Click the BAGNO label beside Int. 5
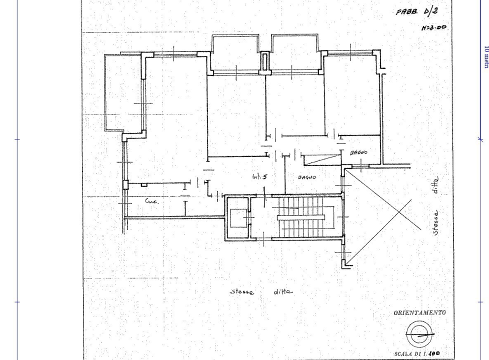point(307,176)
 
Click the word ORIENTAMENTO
point(418,312)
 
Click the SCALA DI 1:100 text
point(416,353)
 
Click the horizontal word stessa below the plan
point(242,292)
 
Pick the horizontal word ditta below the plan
point(283,291)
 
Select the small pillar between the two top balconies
point(265,62)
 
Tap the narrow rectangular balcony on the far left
point(114,92)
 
